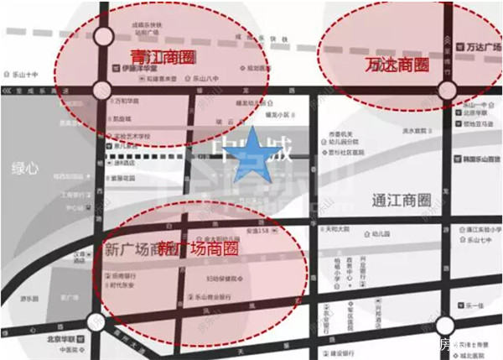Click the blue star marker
click(251, 164)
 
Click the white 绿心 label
click(26, 169)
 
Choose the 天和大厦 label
click(336, 228)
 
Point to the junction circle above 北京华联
click(95, 320)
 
